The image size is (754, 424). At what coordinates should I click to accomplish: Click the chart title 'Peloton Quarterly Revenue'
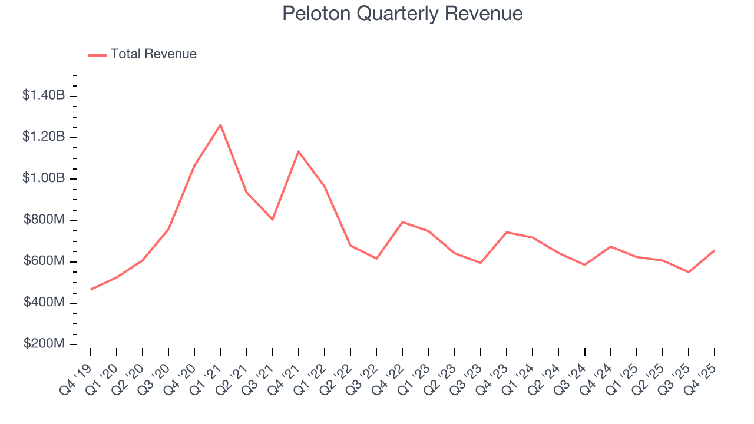point(402,14)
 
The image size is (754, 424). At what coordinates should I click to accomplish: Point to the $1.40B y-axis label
point(44,95)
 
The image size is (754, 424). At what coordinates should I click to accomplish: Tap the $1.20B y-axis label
point(44,137)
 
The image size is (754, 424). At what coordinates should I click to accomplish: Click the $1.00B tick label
point(44,178)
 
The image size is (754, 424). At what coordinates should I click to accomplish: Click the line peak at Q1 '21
point(220,125)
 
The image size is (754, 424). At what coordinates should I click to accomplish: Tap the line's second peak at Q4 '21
point(299,151)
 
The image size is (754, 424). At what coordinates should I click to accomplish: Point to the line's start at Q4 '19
point(91,289)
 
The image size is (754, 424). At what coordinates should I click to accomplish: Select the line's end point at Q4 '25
point(715,251)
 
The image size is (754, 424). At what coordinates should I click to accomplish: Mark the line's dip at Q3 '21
point(273,220)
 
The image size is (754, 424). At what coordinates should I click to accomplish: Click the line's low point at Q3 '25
point(689,272)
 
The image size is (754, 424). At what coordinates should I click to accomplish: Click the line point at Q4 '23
point(507,232)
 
